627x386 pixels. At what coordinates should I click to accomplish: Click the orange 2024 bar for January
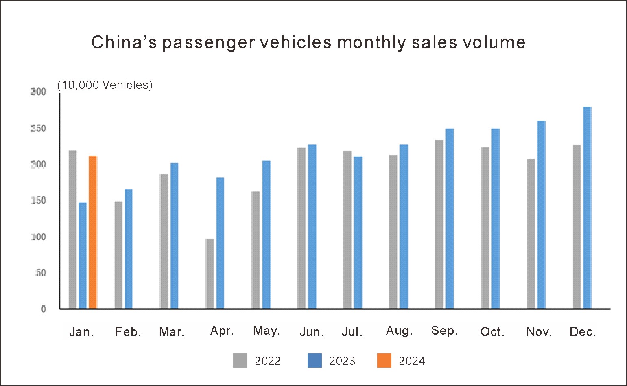93,232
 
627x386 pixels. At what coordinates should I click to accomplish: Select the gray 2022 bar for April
210,274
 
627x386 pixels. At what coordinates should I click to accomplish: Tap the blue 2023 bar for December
587,208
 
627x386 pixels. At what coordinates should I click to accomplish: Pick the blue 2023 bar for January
83,255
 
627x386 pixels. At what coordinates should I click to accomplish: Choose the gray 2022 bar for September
439,224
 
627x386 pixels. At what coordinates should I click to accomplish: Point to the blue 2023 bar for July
358,232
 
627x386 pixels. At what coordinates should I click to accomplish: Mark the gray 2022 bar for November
531,233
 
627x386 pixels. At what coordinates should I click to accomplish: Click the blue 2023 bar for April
220,243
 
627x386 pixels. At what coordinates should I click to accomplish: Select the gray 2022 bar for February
118,255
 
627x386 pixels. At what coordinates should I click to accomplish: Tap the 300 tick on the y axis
39,92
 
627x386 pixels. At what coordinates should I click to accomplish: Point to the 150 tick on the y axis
39,200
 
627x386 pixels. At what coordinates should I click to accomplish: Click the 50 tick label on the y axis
41,273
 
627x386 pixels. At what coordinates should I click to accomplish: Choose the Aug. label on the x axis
399,331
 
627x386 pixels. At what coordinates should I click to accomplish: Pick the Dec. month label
583,332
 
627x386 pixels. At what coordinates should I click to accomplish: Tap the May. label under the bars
267,331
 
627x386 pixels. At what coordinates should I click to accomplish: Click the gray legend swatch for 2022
240,361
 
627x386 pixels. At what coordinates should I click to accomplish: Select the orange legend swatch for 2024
384,361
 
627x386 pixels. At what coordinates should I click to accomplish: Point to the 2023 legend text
342,361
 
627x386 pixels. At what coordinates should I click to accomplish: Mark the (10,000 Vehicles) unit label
105,85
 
